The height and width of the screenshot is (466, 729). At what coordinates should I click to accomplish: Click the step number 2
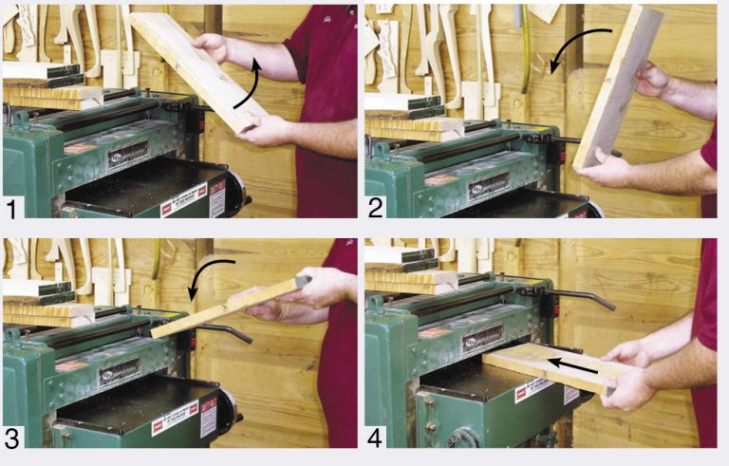377,206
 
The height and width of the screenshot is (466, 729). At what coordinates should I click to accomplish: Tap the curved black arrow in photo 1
249,90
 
